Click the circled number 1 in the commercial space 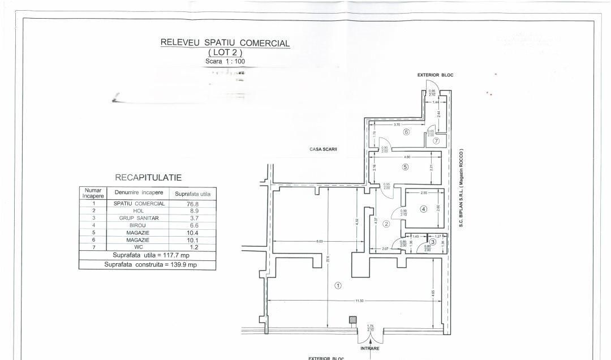pyautogui.click(x=338, y=285)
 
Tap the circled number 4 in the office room pyautogui.click(x=423, y=209)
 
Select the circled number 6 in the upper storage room pyautogui.click(x=406, y=132)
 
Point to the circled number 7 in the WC pyautogui.click(x=436, y=141)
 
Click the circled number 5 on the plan pyautogui.click(x=405, y=166)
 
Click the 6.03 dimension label pyautogui.click(x=321, y=242)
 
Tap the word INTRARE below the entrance pyautogui.click(x=370, y=348)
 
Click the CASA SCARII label pyautogui.click(x=323, y=149)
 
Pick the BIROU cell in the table pyautogui.click(x=138, y=225)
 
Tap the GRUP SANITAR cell pyautogui.click(x=138, y=218)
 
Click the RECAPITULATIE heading pyautogui.click(x=148, y=178)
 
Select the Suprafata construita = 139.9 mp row pyautogui.click(x=147, y=264)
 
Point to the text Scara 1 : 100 pyautogui.click(x=225, y=61)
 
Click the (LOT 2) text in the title pyautogui.click(x=225, y=52)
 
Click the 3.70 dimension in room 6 pyautogui.click(x=397, y=124)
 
